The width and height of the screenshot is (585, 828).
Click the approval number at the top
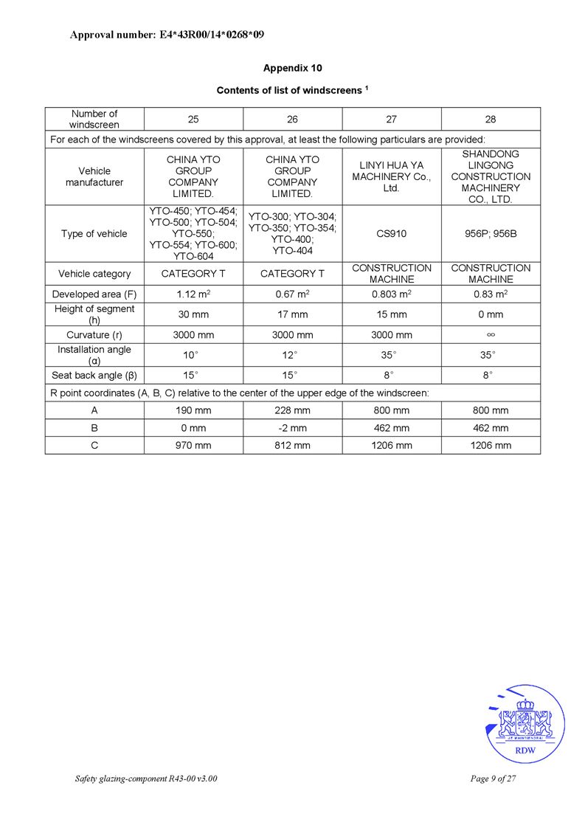tap(167, 35)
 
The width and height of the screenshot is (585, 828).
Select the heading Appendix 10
tap(292, 68)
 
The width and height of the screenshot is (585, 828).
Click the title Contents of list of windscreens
tap(292, 90)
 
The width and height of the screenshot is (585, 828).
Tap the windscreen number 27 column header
tap(391, 119)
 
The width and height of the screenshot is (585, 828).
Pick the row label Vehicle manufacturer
tap(94, 176)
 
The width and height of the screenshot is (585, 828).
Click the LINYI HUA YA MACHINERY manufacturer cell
tap(391, 176)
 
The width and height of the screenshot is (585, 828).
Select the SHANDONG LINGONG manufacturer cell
tap(491, 176)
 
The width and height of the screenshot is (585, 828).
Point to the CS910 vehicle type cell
tap(391, 234)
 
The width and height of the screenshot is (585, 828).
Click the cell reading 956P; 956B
tap(491, 234)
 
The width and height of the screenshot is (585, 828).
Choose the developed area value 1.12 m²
tap(193, 294)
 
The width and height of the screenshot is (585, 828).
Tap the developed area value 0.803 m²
tap(391, 294)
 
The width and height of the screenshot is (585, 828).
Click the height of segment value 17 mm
tap(292, 314)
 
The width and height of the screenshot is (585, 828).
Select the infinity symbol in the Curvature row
tap(491, 335)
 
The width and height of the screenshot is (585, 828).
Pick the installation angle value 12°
tap(292, 355)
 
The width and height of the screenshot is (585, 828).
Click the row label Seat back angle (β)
tap(94, 375)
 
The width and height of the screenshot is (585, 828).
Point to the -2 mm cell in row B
tap(292, 428)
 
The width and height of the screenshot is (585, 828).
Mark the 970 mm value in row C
tap(193, 446)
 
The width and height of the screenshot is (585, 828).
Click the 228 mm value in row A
tap(292, 410)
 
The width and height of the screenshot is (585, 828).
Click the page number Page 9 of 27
tap(492, 779)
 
